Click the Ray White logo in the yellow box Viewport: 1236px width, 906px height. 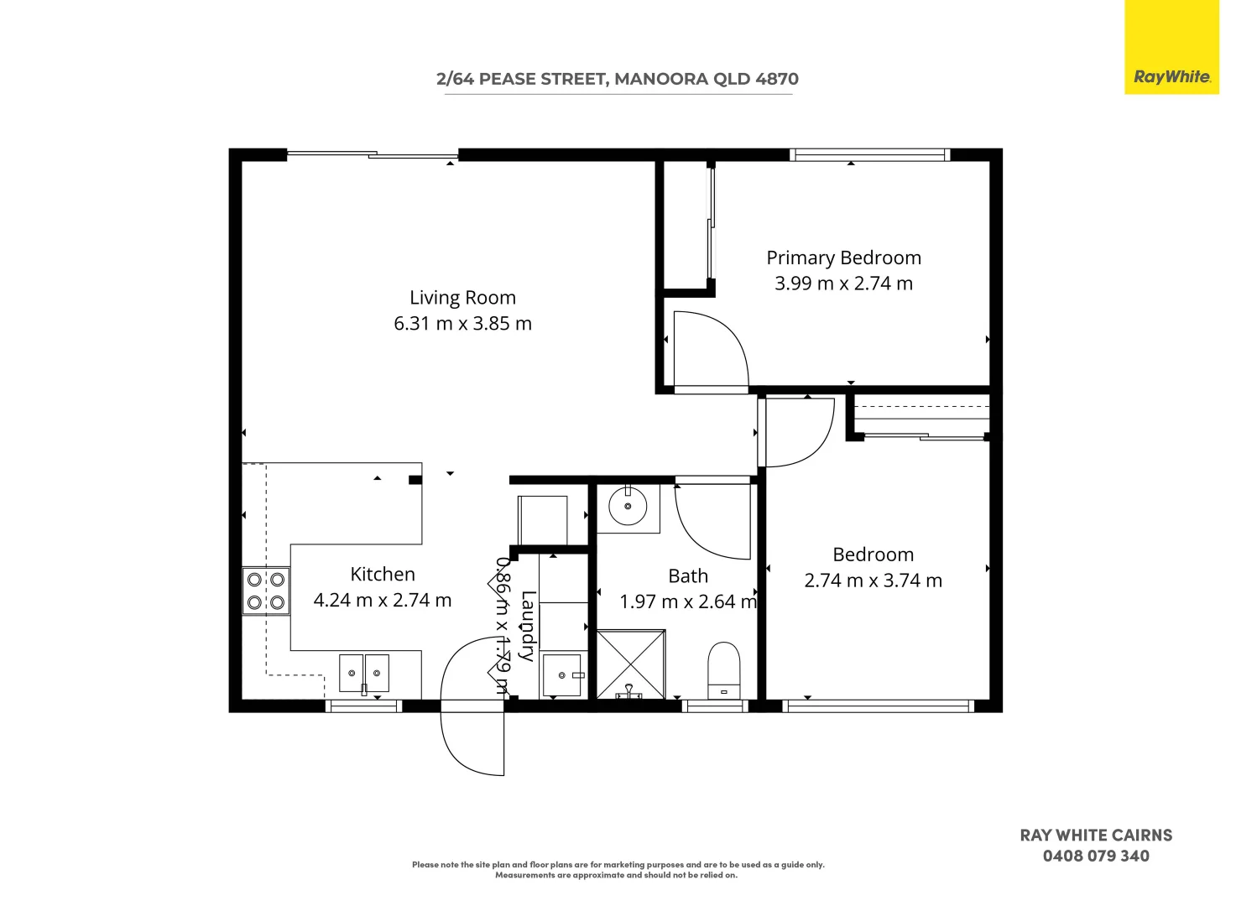(1171, 76)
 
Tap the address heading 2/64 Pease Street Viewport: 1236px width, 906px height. (617, 79)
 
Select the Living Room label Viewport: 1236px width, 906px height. (462, 298)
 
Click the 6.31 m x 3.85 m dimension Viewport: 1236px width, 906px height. (462, 324)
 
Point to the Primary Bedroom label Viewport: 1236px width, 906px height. (843, 258)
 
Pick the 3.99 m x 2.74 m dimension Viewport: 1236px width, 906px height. (843, 284)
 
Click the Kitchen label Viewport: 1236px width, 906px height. (383, 575)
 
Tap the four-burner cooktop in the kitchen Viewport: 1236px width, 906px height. (265, 591)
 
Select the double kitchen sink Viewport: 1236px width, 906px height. (364, 673)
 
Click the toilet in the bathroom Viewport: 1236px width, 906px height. (723, 669)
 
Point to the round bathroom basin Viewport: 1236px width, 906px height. (627, 507)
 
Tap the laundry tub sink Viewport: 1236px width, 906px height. (561, 675)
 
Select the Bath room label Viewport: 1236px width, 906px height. (688, 576)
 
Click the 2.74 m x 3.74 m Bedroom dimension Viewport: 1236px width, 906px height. (873, 581)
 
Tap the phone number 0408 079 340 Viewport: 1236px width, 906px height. (1096, 857)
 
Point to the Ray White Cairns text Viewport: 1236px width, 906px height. (1096, 836)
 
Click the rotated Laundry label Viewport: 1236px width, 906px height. (527, 626)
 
